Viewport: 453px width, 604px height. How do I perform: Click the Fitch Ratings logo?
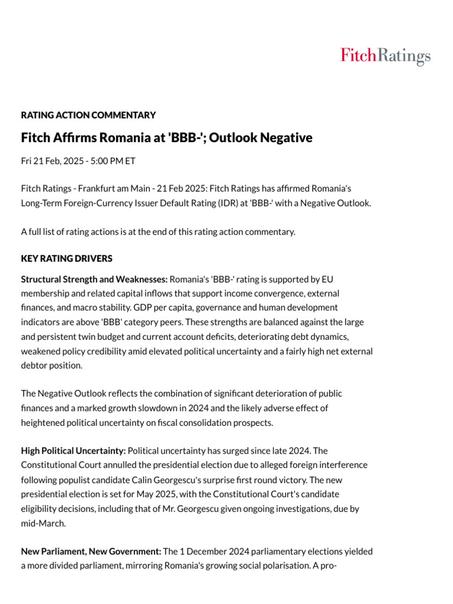click(x=385, y=57)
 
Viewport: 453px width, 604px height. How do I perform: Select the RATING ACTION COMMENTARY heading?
click(x=88, y=115)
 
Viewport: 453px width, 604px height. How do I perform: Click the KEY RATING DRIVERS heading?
click(x=67, y=258)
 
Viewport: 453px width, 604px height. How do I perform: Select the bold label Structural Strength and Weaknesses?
click(x=94, y=278)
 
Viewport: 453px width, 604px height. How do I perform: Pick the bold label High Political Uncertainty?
click(x=73, y=451)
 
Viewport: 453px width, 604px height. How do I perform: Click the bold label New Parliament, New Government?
click(x=91, y=551)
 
